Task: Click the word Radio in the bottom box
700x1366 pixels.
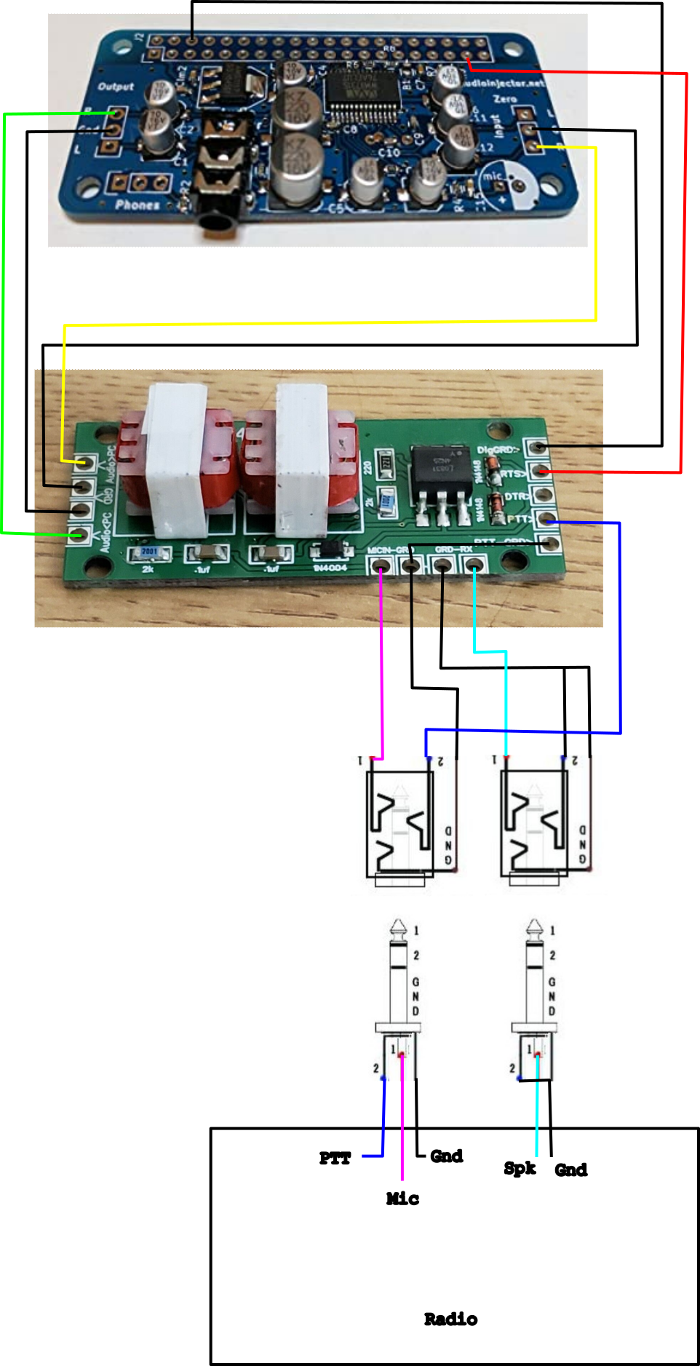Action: point(450,1319)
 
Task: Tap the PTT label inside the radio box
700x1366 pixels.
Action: point(335,1158)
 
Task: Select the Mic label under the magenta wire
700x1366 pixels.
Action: point(402,1198)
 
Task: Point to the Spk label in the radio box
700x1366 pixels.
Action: point(520,1168)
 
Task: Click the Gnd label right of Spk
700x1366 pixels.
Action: point(570,1170)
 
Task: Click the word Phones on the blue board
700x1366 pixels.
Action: point(137,204)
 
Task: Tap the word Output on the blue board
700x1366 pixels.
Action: point(116,87)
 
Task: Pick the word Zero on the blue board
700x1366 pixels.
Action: point(505,99)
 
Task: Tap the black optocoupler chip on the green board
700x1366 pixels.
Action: point(440,467)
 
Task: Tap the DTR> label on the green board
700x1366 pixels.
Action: point(515,496)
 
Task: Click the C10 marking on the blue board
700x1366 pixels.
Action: point(389,152)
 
